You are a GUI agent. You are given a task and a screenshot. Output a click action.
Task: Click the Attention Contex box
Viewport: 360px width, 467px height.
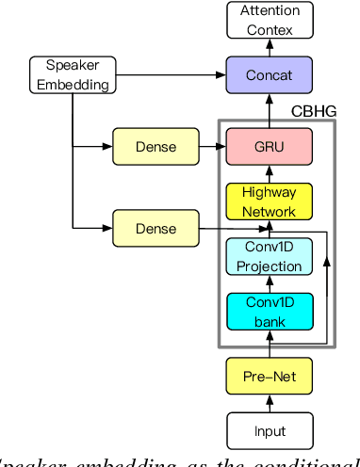[269, 20]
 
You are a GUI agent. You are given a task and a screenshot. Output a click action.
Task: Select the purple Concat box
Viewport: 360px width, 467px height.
[269, 73]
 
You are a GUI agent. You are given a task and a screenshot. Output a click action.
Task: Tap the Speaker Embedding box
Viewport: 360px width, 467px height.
[71, 75]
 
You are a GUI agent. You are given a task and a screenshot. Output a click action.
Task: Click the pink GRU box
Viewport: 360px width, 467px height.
[269, 147]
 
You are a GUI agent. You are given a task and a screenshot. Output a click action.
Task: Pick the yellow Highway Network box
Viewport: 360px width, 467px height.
[269, 201]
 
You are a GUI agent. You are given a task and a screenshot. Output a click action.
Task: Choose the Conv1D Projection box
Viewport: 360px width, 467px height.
[269, 256]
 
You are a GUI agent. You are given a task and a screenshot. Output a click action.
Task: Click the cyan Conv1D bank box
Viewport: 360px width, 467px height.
[269, 311]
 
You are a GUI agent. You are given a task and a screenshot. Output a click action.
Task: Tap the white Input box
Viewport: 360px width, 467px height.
[269, 432]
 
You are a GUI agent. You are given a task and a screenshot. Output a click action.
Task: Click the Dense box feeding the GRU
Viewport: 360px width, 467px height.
[155, 147]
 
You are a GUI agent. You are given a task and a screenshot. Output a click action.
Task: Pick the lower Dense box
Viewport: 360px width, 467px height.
[155, 228]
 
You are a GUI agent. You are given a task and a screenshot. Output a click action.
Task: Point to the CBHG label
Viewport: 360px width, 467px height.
[313, 111]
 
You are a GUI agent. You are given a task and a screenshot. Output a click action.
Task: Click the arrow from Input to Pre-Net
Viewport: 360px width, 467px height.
[269, 405]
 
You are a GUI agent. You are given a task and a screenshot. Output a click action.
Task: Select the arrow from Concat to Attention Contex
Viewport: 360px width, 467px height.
[269, 47]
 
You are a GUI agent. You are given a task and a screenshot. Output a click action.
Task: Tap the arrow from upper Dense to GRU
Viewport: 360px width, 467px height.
[212, 147]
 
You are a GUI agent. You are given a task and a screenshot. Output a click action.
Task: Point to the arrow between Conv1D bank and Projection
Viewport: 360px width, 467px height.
[269, 283]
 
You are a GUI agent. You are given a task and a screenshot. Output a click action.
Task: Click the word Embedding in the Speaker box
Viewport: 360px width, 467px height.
[71, 84]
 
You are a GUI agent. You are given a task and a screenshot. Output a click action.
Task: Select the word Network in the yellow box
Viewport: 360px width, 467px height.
[269, 210]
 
